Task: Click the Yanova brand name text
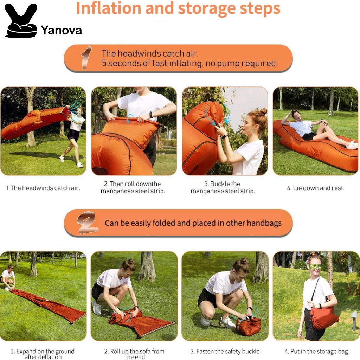click(62, 30)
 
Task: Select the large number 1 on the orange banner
click(85, 58)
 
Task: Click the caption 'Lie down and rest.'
click(315, 188)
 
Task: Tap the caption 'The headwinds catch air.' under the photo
click(43, 188)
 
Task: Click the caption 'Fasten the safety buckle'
click(225, 351)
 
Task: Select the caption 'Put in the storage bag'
click(316, 351)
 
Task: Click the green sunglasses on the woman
click(315, 267)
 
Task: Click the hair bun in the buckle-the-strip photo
click(263, 111)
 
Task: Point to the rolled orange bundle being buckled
click(248, 326)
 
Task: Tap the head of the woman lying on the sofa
click(295, 114)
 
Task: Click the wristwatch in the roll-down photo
click(150, 115)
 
